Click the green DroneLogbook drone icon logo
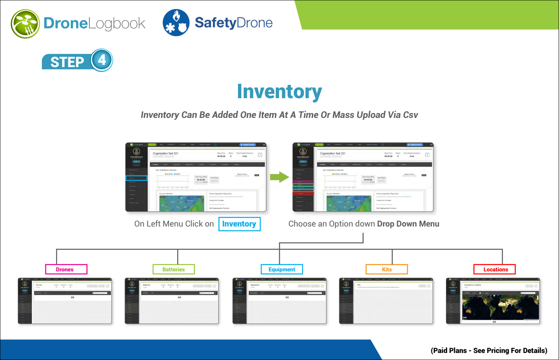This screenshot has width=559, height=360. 25,24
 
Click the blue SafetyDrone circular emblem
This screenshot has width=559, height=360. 176,23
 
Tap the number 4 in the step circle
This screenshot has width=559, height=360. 102,60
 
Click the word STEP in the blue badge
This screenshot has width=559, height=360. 67,62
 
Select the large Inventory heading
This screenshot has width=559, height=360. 279,92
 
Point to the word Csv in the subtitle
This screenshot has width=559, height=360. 410,115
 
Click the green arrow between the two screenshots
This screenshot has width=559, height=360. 279,177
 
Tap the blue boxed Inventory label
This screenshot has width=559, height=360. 239,224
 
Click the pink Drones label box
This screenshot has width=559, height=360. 66,269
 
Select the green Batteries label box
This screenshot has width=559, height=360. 173,269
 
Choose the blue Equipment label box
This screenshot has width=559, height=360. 282,269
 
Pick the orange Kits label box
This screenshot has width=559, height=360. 387,269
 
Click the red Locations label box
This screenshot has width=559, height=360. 494,269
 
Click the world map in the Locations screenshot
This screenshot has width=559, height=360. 500,307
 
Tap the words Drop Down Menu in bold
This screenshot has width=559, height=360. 408,224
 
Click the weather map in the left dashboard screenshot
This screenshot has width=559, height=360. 182,204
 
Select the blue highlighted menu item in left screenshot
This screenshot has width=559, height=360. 136,178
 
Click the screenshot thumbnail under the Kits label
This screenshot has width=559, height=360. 386,301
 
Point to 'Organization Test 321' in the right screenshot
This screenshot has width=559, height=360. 333,153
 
